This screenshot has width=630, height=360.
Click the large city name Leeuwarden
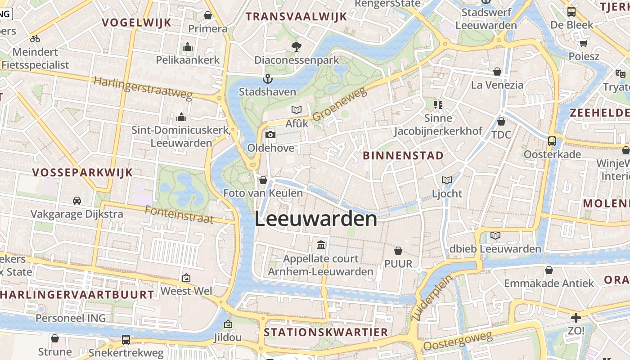click(x=315, y=219)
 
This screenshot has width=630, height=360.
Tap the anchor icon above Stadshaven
click(x=268, y=79)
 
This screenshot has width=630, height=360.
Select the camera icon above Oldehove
click(x=270, y=135)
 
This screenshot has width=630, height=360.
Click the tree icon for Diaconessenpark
click(x=296, y=46)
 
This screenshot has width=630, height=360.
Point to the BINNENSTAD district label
click(x=403, y=156)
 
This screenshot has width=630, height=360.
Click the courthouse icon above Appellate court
click(x=321, y=245)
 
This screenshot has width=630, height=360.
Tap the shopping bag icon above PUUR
click(x=398, y=250)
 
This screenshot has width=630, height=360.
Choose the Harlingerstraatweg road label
click(x=143, y=88)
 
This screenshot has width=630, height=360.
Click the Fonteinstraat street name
click(x=179, y=215)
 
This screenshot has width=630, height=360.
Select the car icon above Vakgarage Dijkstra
click(x=77, y=200)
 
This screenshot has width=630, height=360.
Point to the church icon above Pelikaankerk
click(x=188, y=47)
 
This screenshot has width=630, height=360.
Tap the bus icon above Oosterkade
click(x=552, y=141)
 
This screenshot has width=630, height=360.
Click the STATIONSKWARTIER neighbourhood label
click(x=326, y=333)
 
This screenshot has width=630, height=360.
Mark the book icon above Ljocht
click(x=447, y=180)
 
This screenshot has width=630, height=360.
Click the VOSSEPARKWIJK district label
click(x=82, y=172)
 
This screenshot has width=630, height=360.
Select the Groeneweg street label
click(x=340, y=105)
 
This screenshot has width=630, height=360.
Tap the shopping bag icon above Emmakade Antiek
click(x=549, y=270)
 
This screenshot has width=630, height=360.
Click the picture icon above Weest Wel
click(x=186, y=278)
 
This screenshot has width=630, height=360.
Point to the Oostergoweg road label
click(x=458, y=341)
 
